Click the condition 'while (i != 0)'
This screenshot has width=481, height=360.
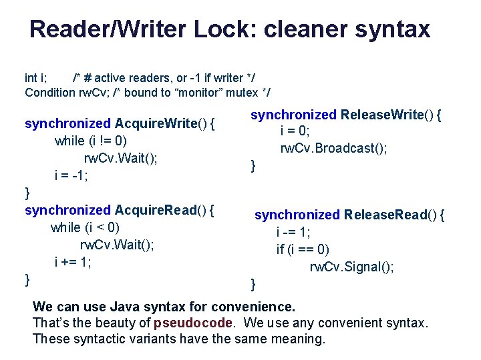coord(90,141)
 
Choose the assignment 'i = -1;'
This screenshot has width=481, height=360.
coord(71,175)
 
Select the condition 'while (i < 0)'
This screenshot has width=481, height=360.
coord(85,227)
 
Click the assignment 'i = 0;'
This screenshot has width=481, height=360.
coord(295,131)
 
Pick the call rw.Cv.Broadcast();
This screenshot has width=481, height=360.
coord(333,148)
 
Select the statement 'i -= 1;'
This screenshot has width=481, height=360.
coord(293,232)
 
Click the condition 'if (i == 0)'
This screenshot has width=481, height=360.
coord(303,249)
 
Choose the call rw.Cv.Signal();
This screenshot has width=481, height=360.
coord(351,267)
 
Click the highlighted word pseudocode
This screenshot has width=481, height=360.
coord(194,323)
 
